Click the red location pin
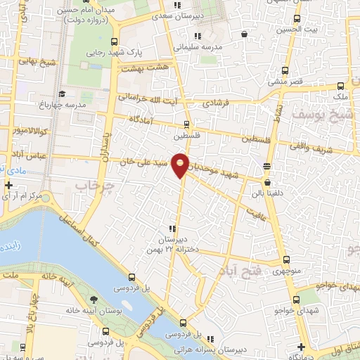point(181,164)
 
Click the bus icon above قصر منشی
point(285,70)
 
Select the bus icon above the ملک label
point(341,82)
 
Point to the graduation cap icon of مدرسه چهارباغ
point(62,94)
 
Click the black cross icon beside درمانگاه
point(301,347)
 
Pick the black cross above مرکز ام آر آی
point(8,186)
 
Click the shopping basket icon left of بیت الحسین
point(244,33)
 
